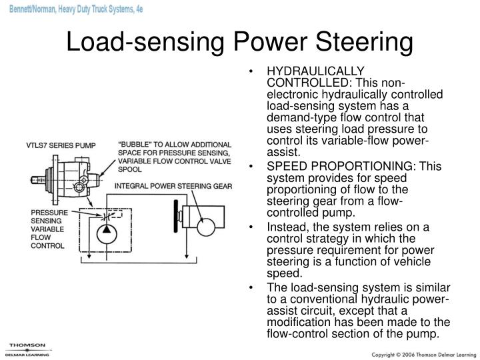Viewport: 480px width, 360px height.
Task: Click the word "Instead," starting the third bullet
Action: (x=285, y=227)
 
